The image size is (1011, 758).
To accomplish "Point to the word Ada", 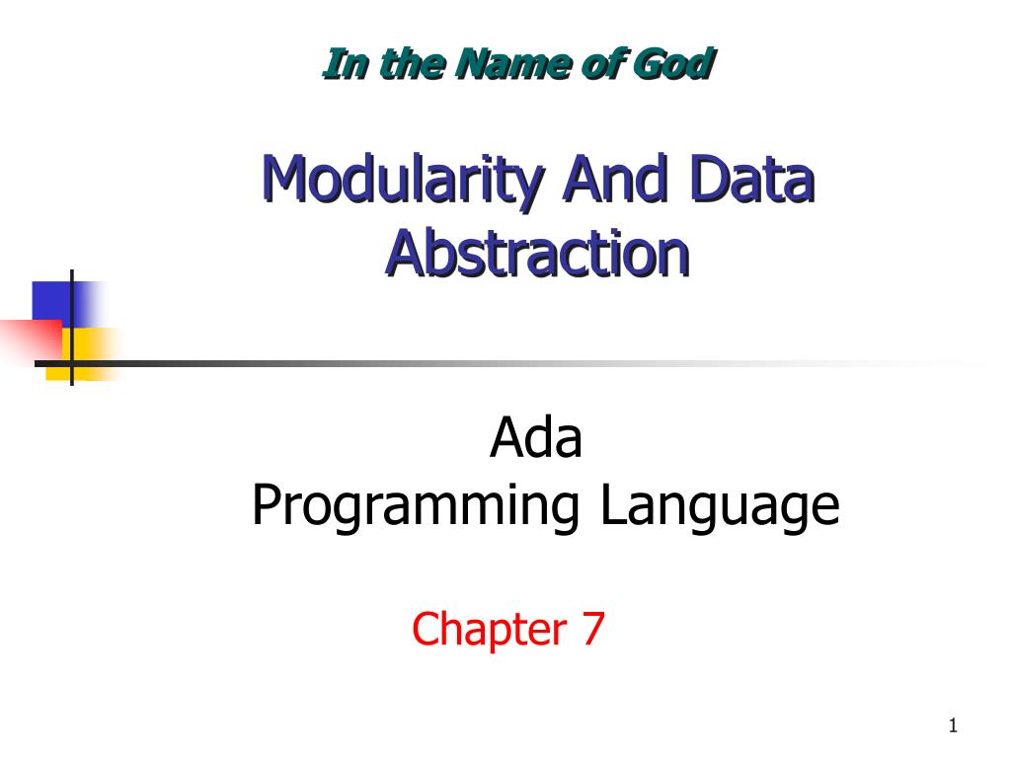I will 536,439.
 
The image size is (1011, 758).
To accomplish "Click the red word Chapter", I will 475,629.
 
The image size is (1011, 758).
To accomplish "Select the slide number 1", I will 953,727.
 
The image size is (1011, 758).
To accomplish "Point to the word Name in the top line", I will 509,65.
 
